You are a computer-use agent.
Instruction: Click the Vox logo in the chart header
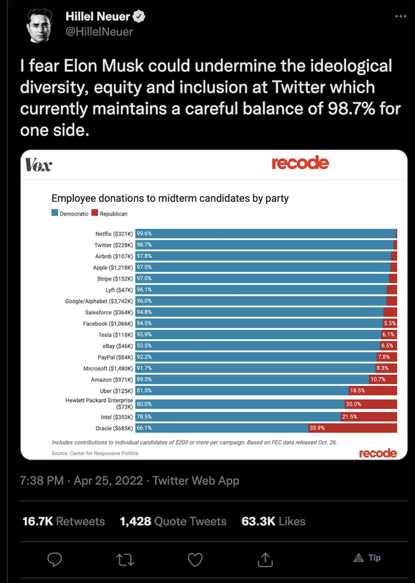tap(39, 166)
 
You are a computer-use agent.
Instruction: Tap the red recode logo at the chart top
tap(300, 163)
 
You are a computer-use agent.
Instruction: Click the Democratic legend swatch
tap(55, 213)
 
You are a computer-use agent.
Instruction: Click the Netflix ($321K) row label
tap(114, 234)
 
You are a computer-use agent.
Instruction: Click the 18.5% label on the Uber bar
tap(357, 390)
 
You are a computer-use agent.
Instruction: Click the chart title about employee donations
tap(170, 198)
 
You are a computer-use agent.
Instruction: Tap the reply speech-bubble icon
tap(55, 558)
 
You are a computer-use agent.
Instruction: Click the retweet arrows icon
tap(124, 558)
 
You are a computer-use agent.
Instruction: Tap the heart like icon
tap(195, 558)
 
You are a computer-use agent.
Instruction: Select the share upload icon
tap(265, 558)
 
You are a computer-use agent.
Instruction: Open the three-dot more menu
tap(400, 16)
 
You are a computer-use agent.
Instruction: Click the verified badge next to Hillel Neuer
tap(139, 17)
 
